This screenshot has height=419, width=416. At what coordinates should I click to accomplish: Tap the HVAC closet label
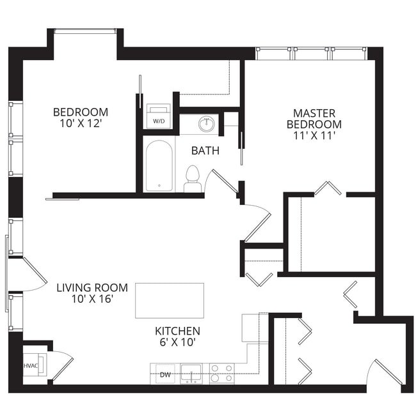(x=31, y=366)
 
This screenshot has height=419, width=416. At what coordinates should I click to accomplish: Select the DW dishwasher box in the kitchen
(x=165, y=375)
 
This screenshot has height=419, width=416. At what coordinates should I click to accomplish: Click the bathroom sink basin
(x=206, y=124)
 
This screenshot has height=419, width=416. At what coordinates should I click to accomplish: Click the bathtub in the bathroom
(x=158, y=165)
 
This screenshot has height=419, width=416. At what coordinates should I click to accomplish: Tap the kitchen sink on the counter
(x=191, y=372)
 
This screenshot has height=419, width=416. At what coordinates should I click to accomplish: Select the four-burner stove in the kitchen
(x=222, y=373)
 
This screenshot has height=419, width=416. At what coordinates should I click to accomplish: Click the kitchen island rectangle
(x=170, y=300)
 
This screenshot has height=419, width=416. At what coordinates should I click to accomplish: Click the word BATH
(x=205, y=151)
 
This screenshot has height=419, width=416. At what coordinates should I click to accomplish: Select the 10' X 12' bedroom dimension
(x=80, y=123)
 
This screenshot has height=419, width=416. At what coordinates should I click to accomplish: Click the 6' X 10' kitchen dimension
(x=177, y=342)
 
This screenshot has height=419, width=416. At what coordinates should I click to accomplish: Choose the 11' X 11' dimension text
(x=314, y=135)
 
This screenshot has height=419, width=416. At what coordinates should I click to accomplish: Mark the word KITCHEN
(x=177, y=331)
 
